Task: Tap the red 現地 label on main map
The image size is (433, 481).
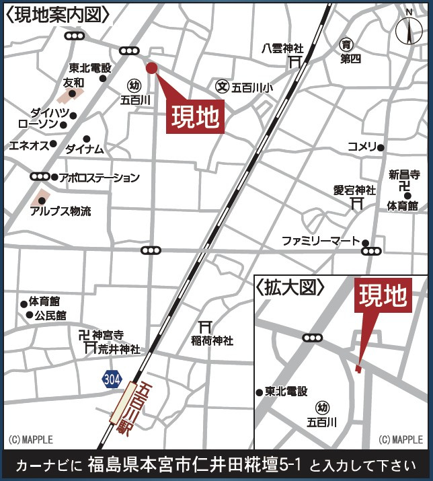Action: click(194, 118)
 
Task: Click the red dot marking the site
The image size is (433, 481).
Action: click(151, 67)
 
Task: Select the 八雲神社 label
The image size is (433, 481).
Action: click(282, 48)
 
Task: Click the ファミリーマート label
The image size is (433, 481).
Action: click(321, 241)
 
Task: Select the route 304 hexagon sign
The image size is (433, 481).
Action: click(112, 379)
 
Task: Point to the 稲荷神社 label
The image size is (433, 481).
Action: click(212, 341)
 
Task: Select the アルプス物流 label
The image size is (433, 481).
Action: click(61, 211)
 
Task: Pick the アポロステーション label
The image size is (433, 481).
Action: click(99, 178)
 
